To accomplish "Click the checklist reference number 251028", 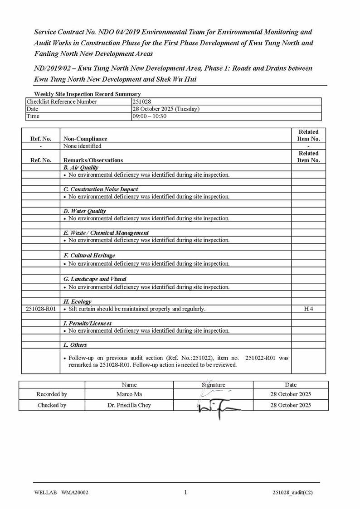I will (141, 102).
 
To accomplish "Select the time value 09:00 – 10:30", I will (149, 116).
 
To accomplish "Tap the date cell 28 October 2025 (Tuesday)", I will (165, 109).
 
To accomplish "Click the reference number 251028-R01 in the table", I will (41, 309).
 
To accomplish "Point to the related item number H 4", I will (308, 309).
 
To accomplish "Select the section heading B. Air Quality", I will (81, 168).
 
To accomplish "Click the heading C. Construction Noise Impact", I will (101, 189).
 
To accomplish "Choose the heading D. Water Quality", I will (85, 211).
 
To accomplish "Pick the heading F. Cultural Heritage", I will (89, 256).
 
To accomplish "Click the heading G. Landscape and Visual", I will (95, 279).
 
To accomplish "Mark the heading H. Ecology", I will (78, 301).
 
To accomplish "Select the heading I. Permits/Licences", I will (88, 324).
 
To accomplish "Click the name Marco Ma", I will (129, 394).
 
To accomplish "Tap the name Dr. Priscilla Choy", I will (129, 405).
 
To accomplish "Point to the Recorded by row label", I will (52, 394).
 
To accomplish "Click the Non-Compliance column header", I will (85, 139).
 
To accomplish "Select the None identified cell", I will (82, 146).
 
